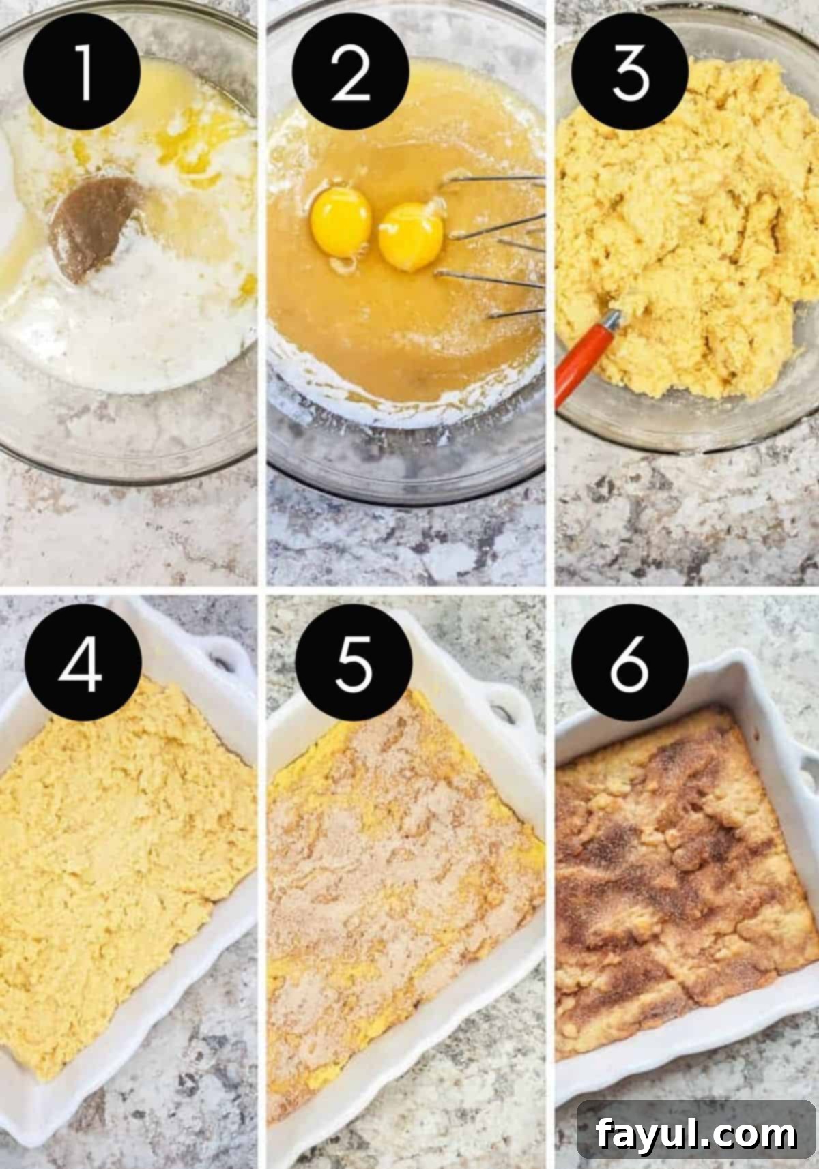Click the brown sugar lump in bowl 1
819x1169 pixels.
[96, 225]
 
